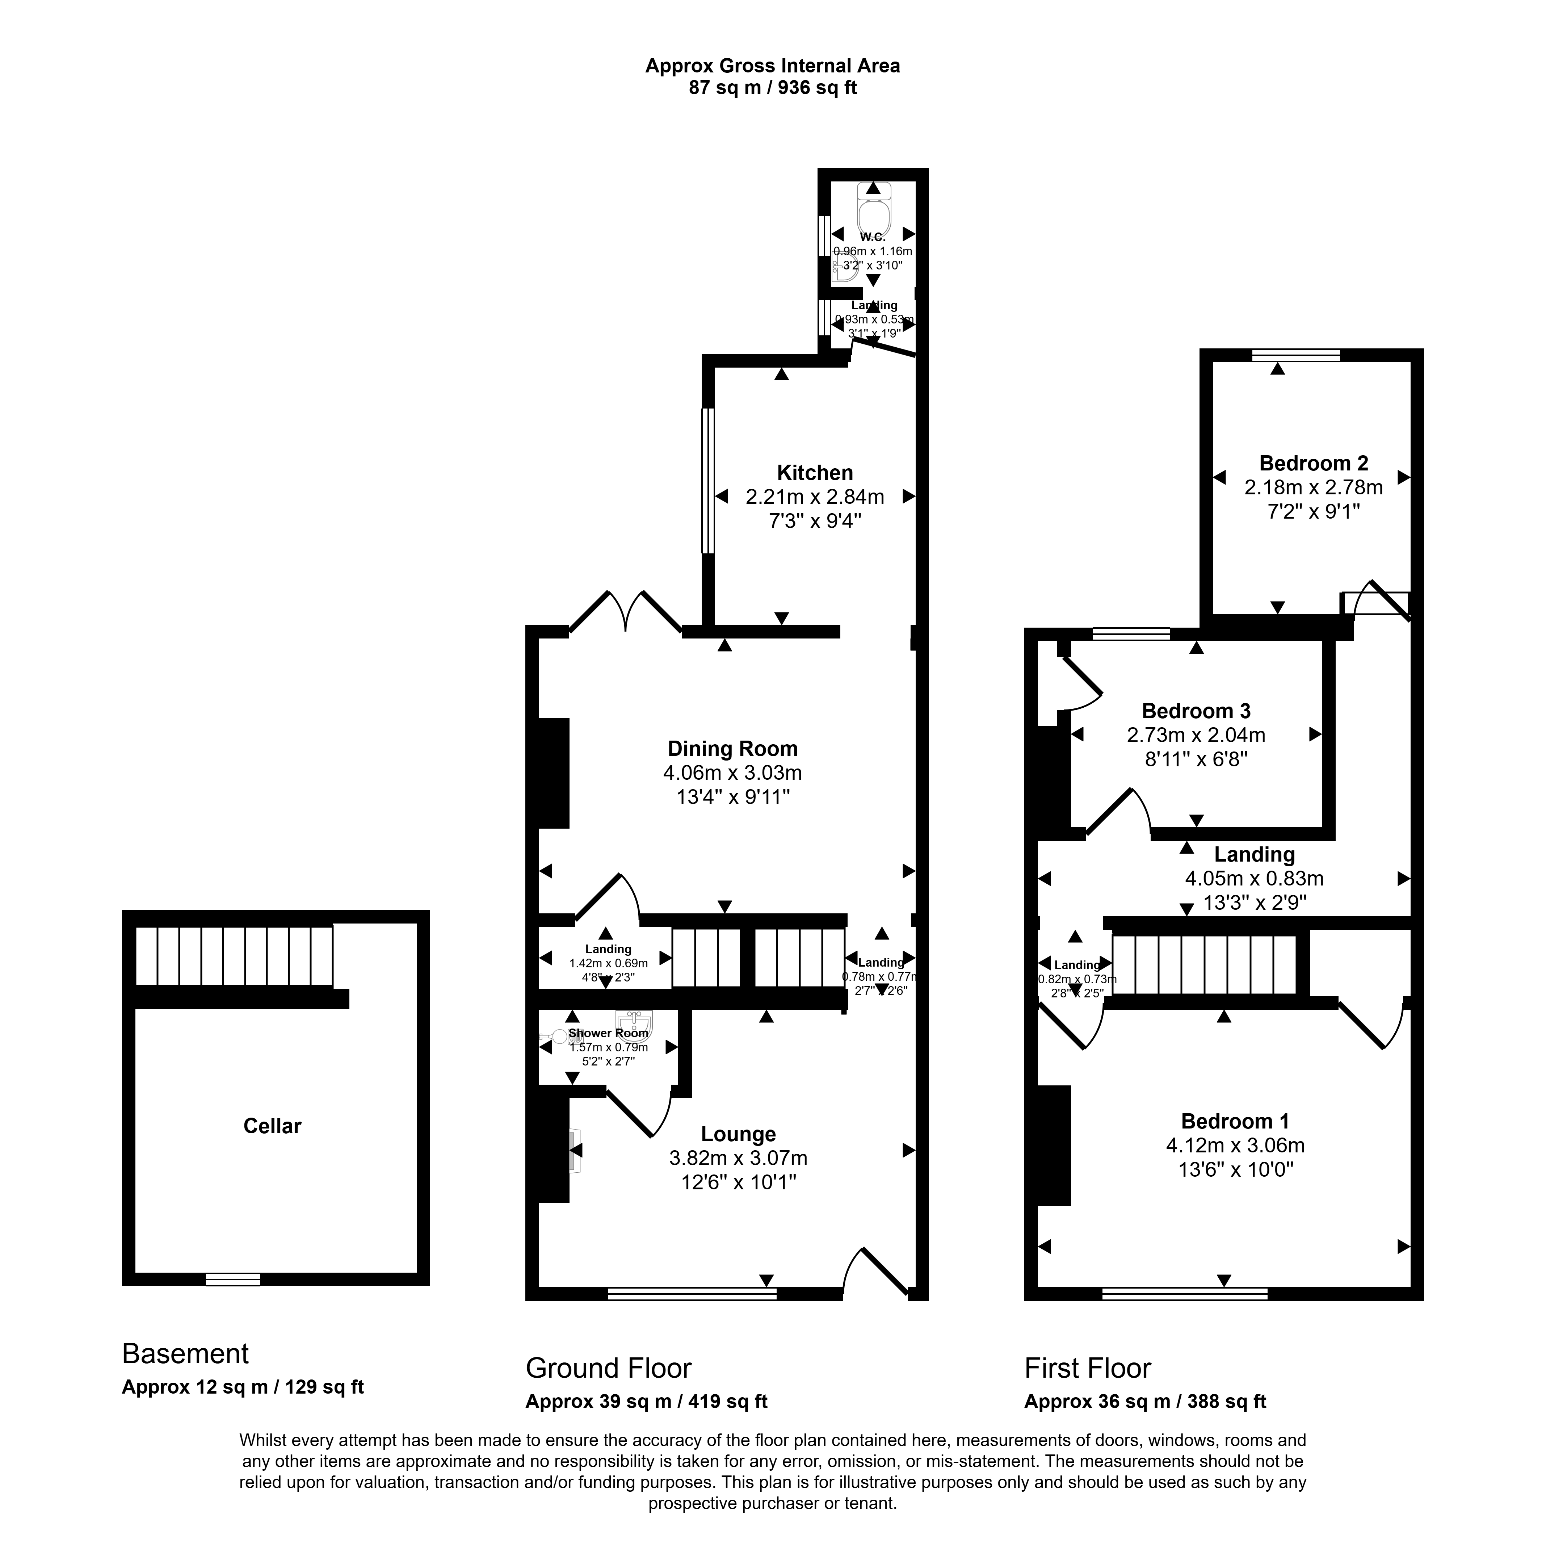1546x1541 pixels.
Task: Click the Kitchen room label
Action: (x=815, y=472)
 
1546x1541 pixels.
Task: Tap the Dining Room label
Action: (x=732, y=749)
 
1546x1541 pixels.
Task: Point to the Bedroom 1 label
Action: (x=1235, y=1121)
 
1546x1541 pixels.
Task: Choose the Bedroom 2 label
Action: (x=1313, y=463)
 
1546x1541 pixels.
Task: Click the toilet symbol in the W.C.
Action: (x=873, y=212)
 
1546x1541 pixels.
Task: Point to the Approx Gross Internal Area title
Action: (x=772, y=66)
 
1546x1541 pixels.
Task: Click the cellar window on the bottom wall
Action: (x=232, y=1279)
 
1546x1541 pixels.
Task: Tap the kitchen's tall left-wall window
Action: (x=707, y=480)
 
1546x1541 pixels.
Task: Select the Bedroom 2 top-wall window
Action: (x=1295, y=355)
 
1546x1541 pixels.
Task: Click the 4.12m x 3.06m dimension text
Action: (x=1235, y=1146)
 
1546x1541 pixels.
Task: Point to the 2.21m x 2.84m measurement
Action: (x=815, y=497)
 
